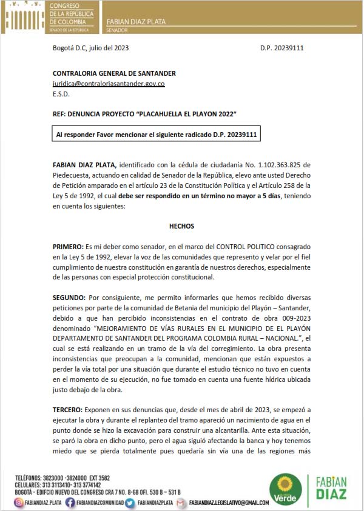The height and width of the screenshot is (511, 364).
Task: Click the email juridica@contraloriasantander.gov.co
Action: coord(109,84)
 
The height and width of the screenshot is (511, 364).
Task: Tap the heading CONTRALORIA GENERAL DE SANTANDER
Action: coord(113,73)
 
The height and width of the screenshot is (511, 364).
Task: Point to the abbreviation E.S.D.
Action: coord(61,94)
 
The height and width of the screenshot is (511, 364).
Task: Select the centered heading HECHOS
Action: coord(181,226)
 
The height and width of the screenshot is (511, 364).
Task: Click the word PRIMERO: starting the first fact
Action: coord(69,247)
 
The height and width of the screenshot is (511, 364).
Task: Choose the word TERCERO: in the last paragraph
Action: coord(69,411)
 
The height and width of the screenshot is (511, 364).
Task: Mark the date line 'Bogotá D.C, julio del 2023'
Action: coord(90,47)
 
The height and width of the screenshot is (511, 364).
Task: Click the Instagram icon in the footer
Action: coord(19,503)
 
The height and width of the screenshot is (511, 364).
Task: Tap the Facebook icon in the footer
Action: coord(70,503)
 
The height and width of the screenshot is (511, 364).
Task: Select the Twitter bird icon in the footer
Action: coord(130,503)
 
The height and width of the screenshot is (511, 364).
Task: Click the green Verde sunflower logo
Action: coord(285,489)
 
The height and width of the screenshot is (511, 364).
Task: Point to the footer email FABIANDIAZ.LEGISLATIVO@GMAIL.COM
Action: coord(229,503)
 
